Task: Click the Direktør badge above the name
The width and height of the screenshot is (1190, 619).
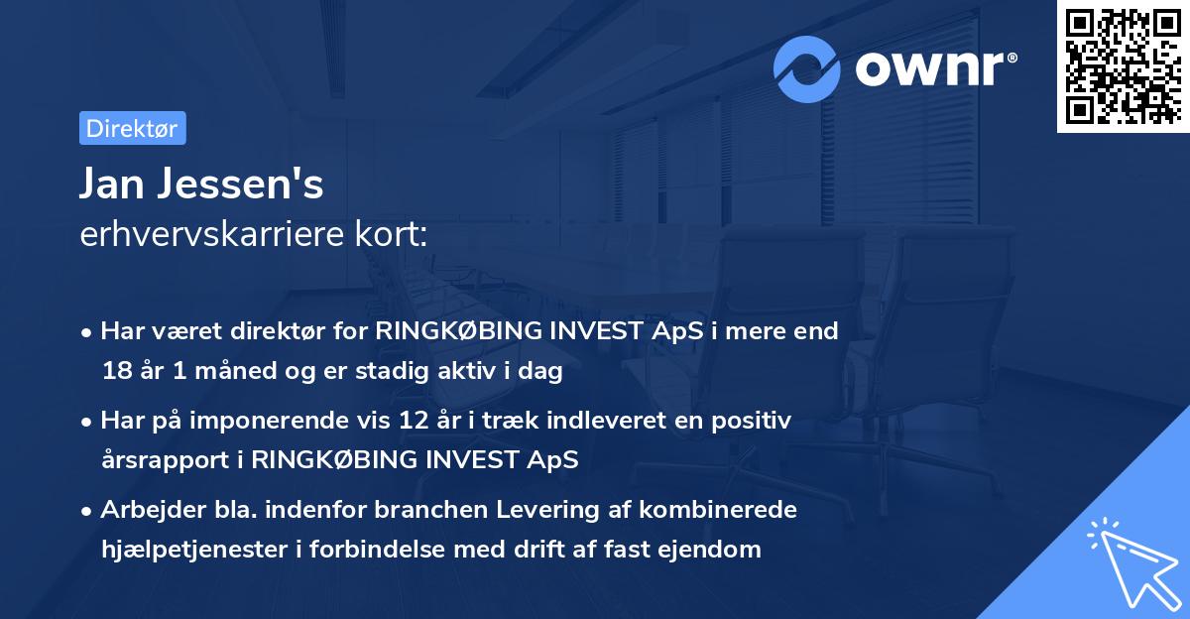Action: [x=132, y=128]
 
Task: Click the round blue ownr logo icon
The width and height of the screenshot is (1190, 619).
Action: [x=807, y=68]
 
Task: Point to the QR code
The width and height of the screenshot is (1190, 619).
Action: [x=1122, y=65]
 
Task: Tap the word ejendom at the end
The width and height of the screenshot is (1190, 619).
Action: [x=710, y=549]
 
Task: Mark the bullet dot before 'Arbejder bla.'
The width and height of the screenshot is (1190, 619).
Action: [x=88, y=511]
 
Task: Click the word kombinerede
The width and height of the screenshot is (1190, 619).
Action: [x=717, y=510]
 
